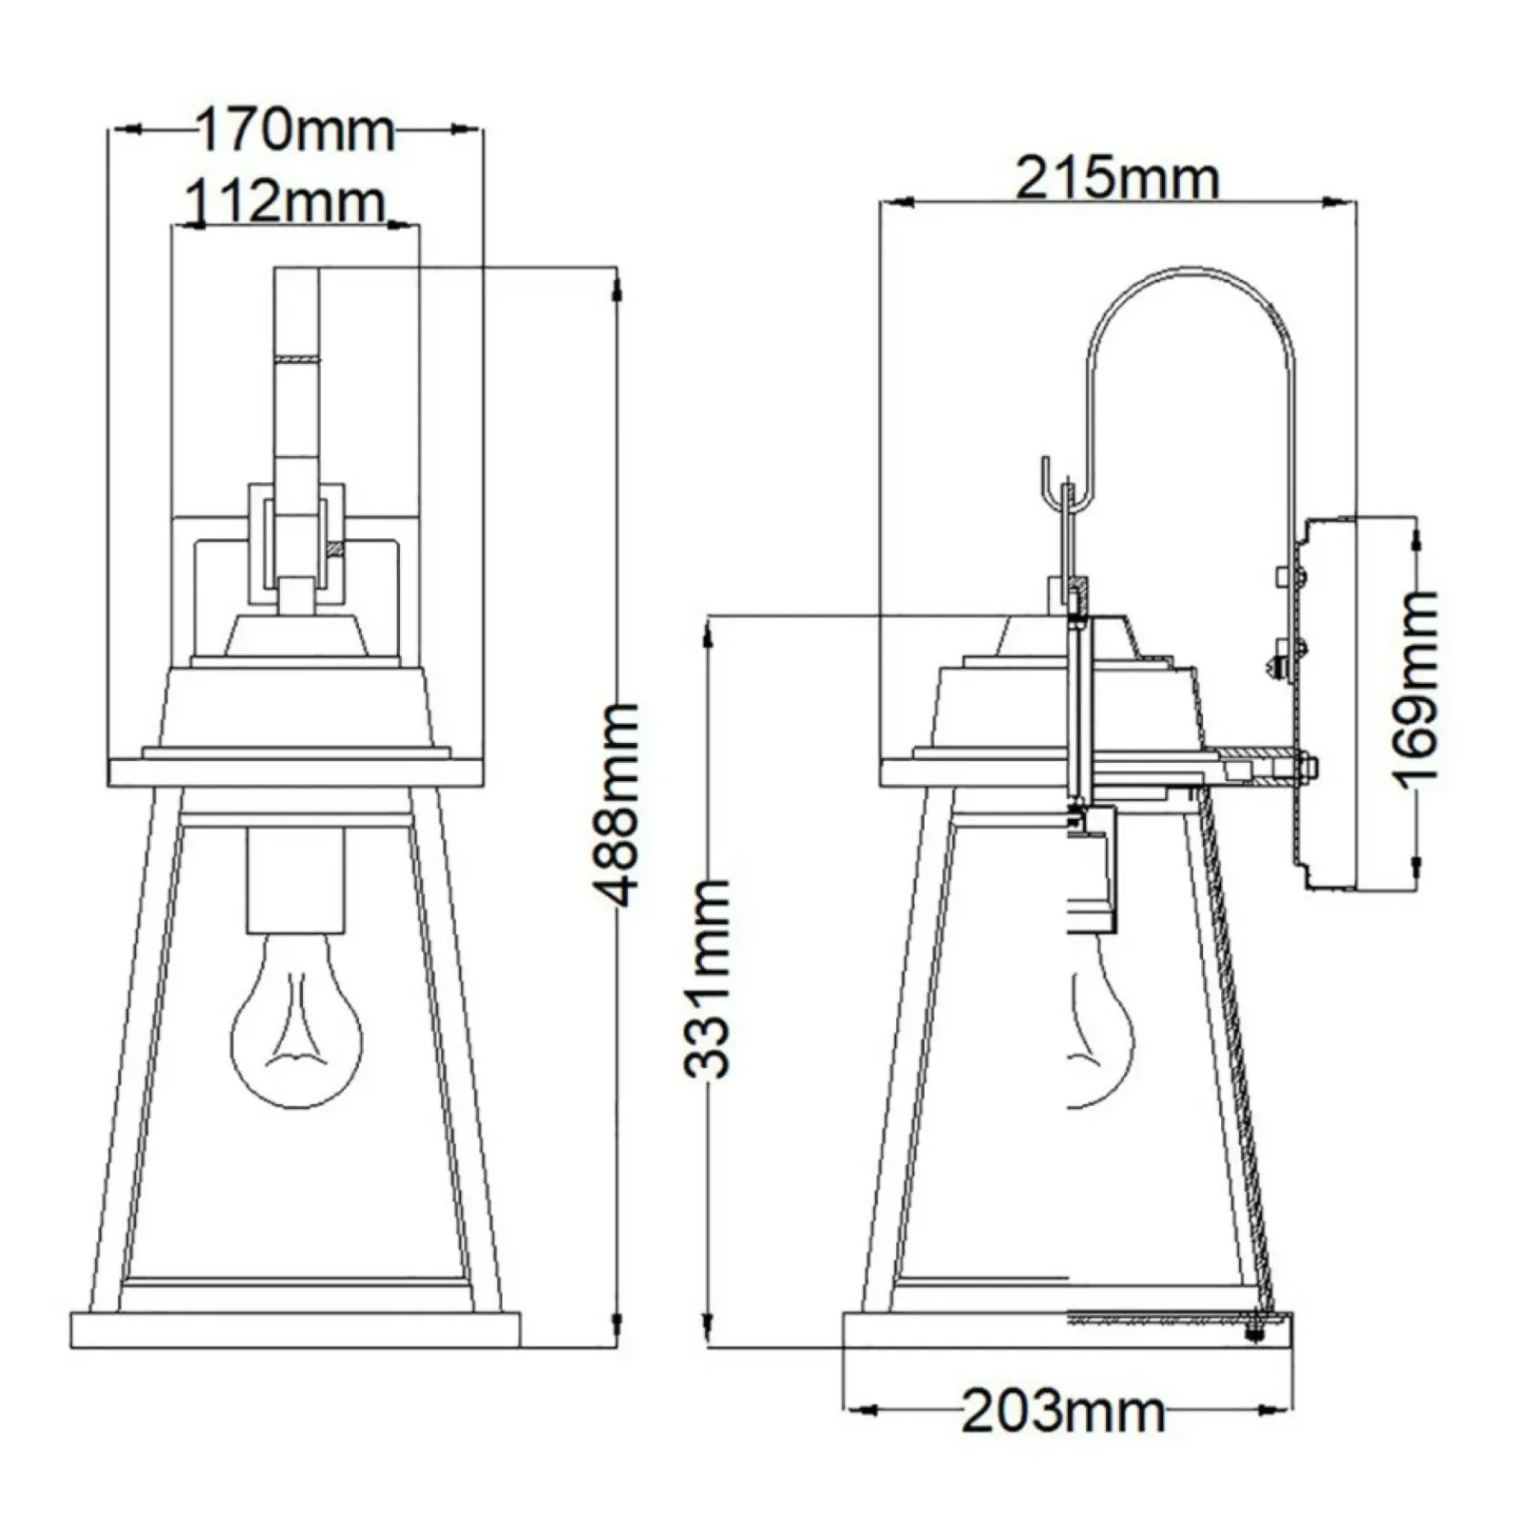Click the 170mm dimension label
tap(295, 130)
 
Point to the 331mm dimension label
tap(708, 978)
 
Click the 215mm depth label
tap(1116, 178)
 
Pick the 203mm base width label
tap(1063, 1411)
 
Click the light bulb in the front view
tap(297, 1019)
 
